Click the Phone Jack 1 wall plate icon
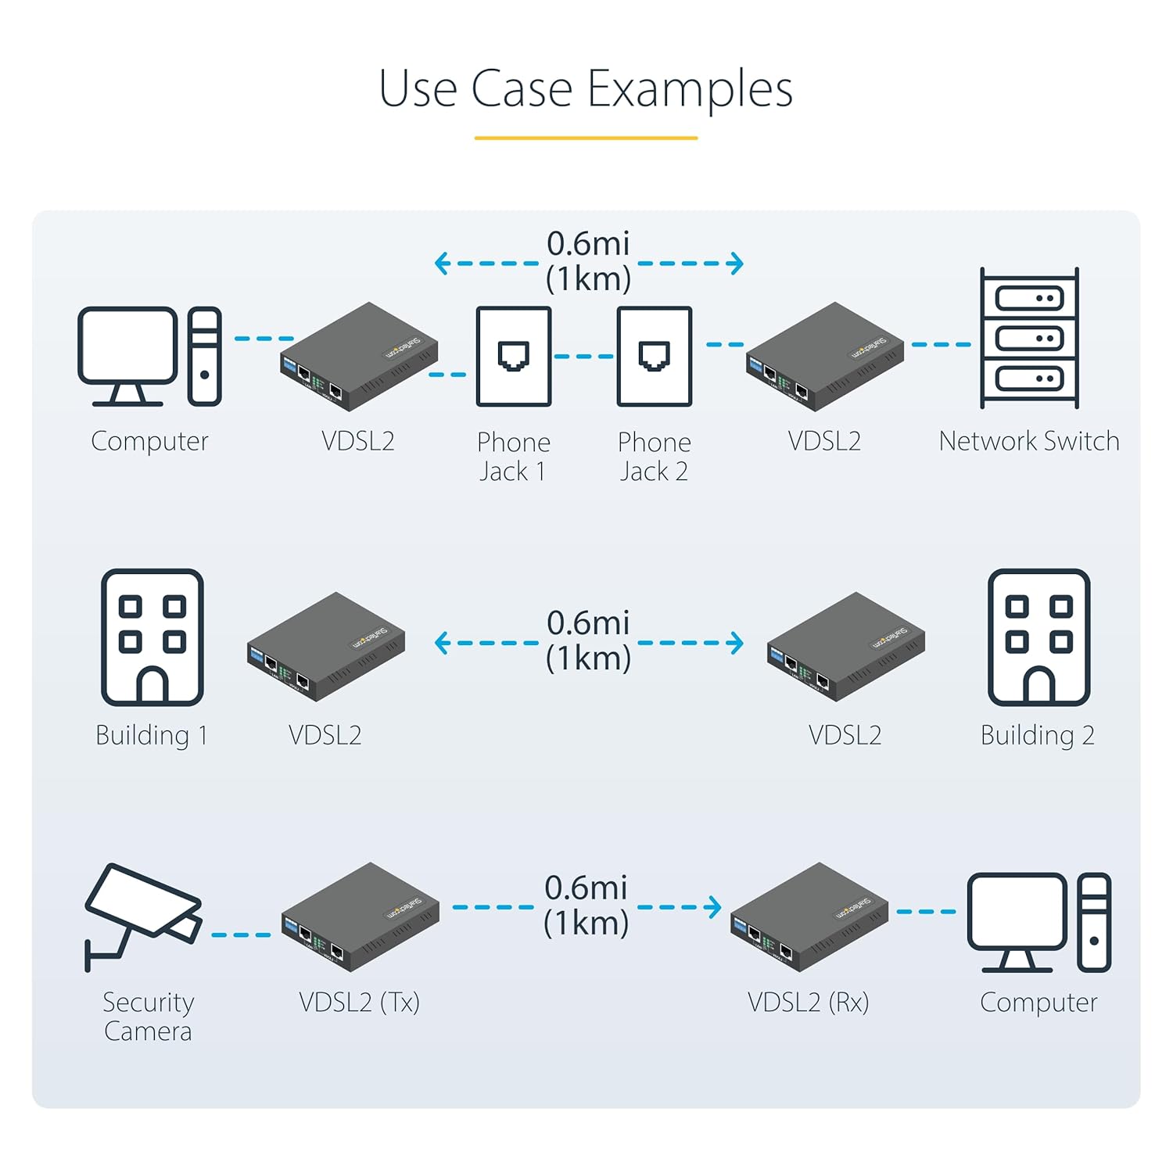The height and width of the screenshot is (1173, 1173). [514, 357]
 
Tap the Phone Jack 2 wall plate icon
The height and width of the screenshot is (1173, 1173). [655, 357]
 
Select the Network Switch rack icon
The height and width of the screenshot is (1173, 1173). [1029, 338]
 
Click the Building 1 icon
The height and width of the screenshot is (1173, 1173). [152, 637]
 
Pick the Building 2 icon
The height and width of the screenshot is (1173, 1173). [1038, 637]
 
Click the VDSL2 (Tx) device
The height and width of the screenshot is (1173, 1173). [360, 917]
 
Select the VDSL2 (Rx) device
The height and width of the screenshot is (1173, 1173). [809, 917]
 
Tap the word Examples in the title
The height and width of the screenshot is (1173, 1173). [690, 89]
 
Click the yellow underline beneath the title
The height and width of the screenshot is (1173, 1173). [586, 138]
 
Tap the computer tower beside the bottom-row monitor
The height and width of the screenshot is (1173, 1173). [1094, 922]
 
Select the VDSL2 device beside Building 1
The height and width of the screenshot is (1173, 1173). [326, 647]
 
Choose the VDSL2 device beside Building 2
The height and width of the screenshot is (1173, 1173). [846, 647]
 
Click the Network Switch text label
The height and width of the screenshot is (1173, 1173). [1029, 441]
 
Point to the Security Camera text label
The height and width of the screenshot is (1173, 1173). [149, 1017]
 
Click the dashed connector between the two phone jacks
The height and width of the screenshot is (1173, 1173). [584, 357]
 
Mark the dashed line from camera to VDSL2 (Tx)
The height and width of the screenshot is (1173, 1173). [241, 934]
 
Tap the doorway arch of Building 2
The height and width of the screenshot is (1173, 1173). [1039, 686]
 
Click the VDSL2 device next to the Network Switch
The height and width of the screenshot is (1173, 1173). [825, 357]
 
